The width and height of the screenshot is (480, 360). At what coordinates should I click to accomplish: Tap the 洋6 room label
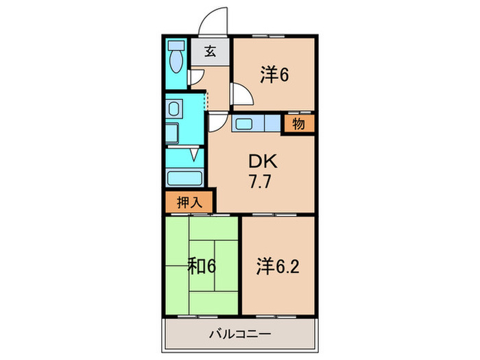[x=274, y=75]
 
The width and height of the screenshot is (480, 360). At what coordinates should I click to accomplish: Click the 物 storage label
[x=298, y=124]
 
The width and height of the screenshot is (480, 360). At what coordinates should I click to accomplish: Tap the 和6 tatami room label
[x=203, y=265]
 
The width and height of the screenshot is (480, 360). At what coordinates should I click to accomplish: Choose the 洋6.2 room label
[x=278, y=265]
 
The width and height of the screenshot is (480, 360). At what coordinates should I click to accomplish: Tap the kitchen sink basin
[x=244, y=124]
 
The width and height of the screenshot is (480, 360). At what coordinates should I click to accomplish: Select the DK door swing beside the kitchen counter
[x=216, y=123]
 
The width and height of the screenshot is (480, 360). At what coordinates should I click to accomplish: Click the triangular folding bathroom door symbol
[x=195, y=154]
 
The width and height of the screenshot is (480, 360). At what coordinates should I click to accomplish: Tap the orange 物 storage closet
[x=299, y=124]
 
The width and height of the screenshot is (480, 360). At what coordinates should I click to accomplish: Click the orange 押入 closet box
[x=189, y=203]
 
